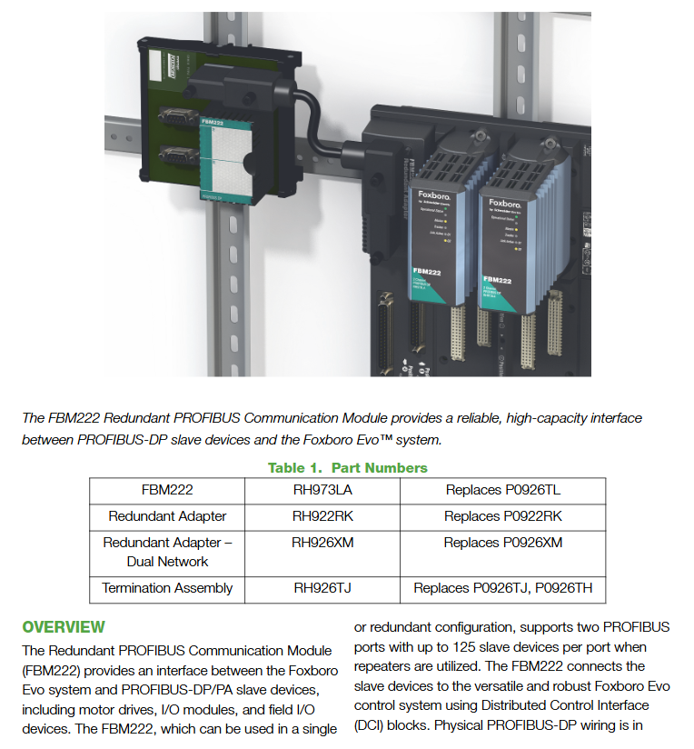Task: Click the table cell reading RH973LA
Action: (322, 490)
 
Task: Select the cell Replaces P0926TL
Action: (502, 490)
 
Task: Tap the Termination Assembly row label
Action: (167, 588)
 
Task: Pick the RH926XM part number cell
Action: (322, 543)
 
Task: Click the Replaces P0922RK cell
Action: (502, 516)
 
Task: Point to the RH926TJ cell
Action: (322, 588)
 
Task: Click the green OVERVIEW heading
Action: (64, 627)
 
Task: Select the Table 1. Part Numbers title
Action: (347, 468)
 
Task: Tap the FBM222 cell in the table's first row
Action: (167, 490)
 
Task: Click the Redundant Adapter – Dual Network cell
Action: (167, 552)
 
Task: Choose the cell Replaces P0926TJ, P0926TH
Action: (502, 588)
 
